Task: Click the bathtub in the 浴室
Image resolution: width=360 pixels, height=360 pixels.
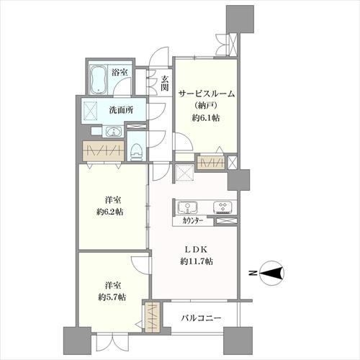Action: (x=99, y=79)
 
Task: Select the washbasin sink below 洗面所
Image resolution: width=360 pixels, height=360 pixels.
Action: (x=112, y=132)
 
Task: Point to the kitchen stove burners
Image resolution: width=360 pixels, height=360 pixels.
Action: (x=222, y=207)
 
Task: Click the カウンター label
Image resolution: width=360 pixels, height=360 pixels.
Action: (x=192, y=221)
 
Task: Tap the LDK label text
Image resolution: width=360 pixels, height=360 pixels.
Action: (x=196, y=250)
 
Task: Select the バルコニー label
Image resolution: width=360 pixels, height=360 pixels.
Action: (x=201, y=318)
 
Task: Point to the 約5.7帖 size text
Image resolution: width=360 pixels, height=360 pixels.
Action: (x=112, y=297)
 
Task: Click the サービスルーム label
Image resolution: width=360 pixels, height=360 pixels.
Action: (x=207, y=94)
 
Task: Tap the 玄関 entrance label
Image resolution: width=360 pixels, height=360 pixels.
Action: (x=164, y=83)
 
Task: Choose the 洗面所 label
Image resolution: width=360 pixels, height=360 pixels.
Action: (x=121, y=110)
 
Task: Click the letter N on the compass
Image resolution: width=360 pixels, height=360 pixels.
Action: (x=252, y=273)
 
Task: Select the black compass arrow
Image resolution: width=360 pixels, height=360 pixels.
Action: (x=271, y=273)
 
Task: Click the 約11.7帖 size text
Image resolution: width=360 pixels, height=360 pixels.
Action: (x=197, y=261)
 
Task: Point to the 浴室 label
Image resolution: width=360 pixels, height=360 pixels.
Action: (x=120, y=72)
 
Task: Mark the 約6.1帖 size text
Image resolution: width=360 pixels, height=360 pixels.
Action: (x=206, y=117)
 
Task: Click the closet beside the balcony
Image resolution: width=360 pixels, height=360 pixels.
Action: (x=153, y=318)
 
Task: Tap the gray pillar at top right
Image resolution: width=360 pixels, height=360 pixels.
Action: (x=240, y=19)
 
